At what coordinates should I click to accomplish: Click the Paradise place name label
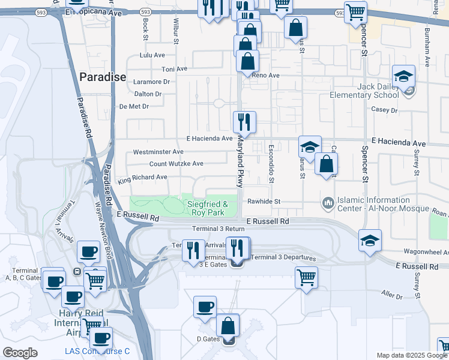point(103,77)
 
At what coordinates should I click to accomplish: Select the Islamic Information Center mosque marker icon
point(328,204)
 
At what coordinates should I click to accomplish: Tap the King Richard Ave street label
point(142,178)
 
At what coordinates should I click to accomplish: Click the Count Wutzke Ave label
point(176,163)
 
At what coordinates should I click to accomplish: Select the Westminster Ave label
point(158,152)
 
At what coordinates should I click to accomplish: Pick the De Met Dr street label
point(134,106)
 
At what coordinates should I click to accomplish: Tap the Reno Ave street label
point(266,76)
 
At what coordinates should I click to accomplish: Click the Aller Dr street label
point(393,295)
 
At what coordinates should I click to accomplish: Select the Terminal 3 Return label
point(218,229)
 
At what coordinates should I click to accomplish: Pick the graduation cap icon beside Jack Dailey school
point(404,76)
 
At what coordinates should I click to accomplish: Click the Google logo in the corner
point(20,353)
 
